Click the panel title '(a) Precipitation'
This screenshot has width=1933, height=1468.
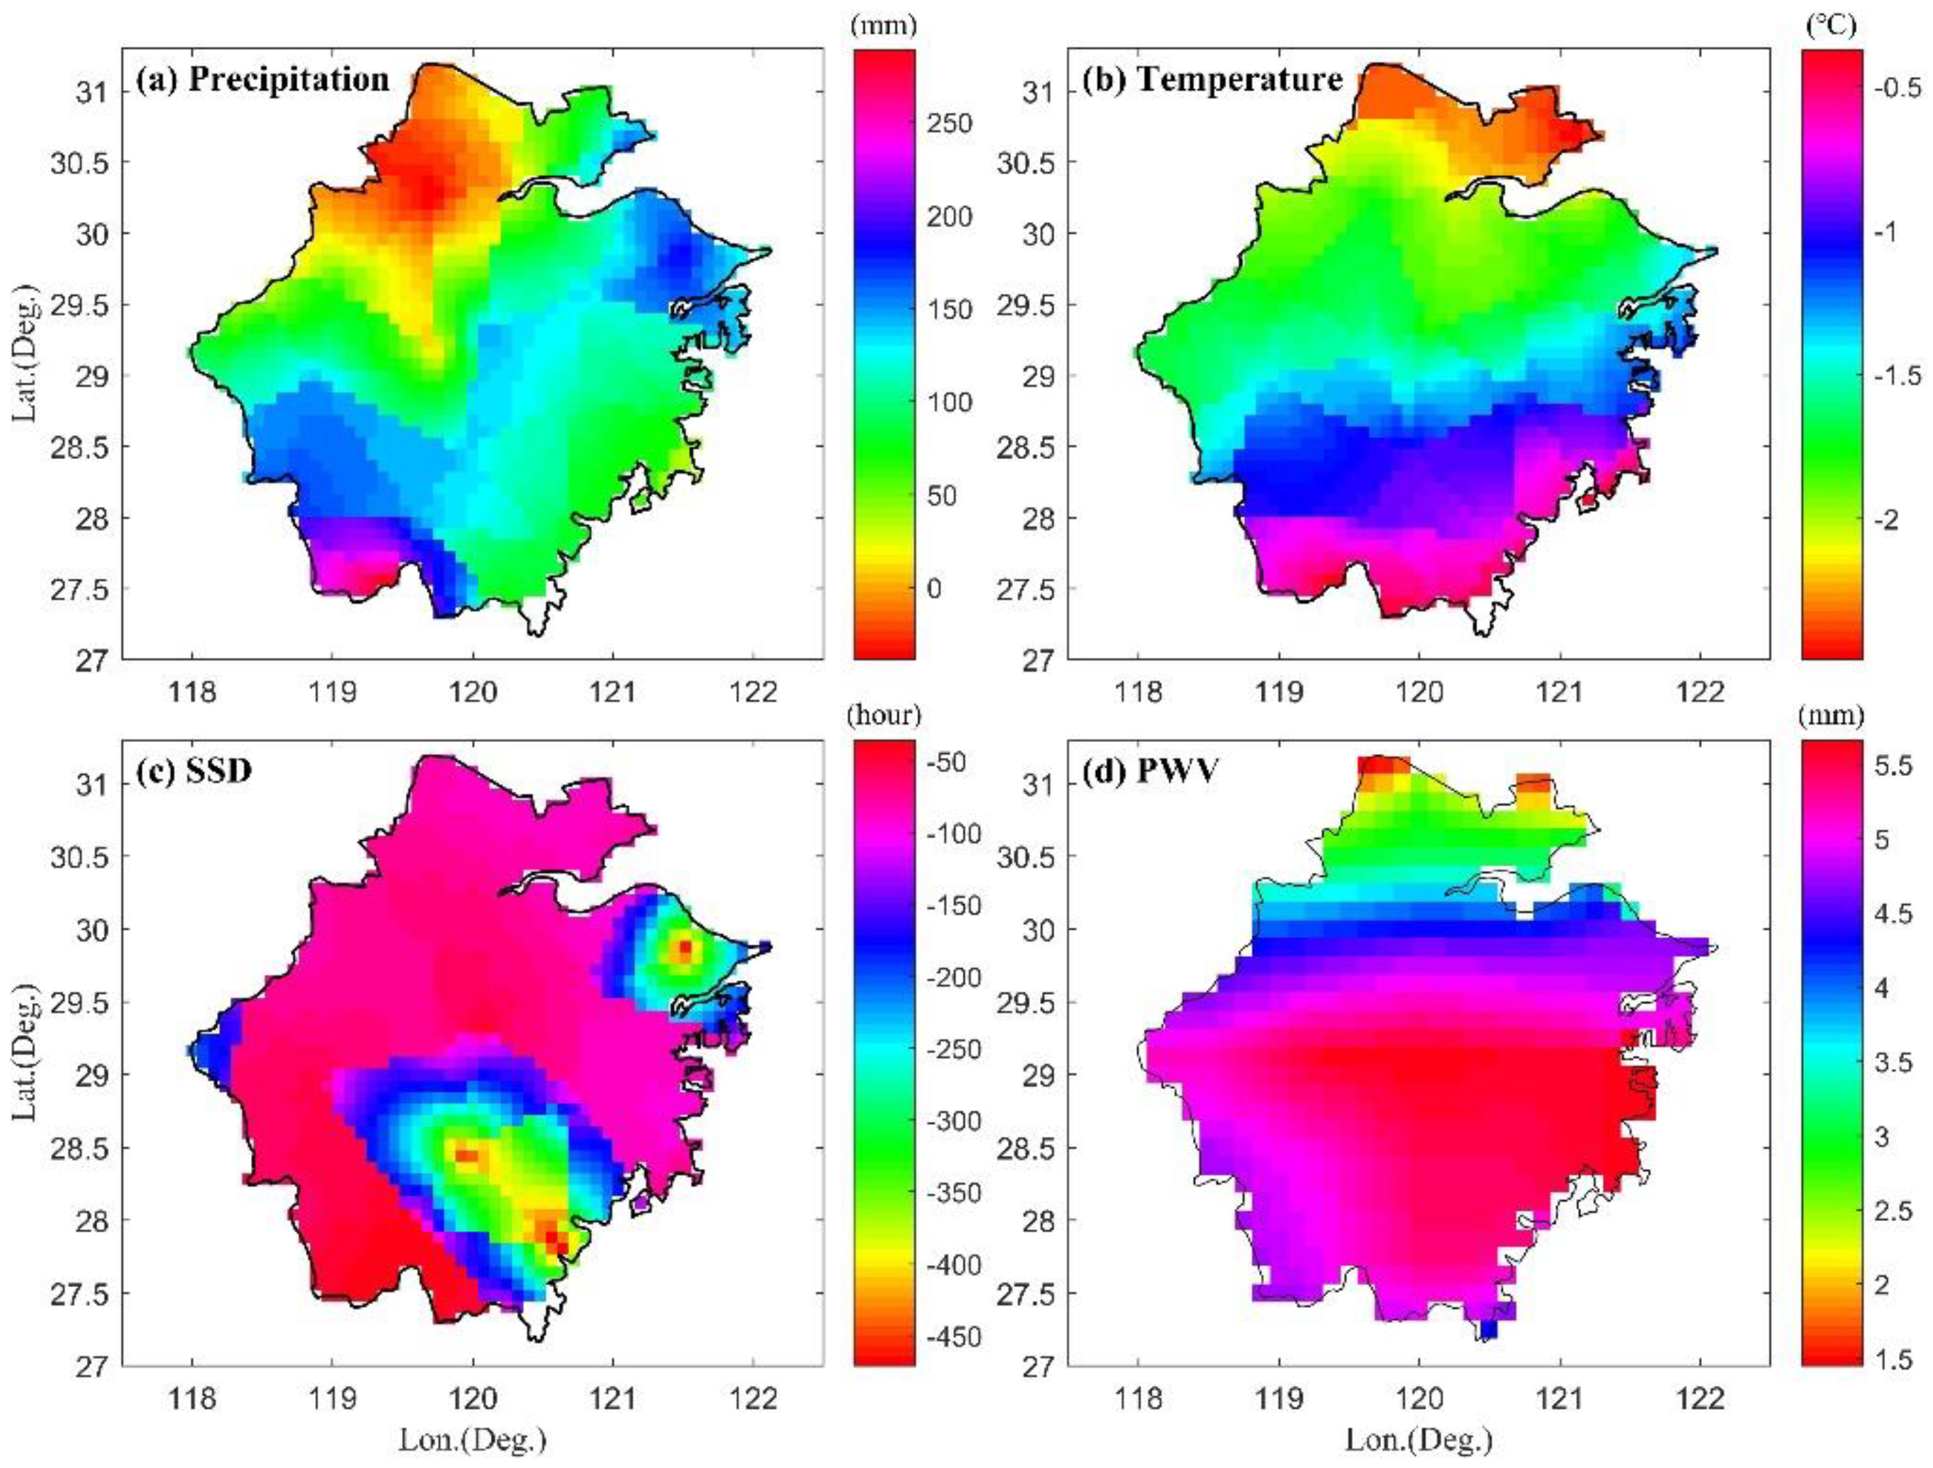262,79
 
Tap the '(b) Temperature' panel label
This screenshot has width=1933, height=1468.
1212,79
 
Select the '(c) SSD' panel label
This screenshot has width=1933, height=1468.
194,771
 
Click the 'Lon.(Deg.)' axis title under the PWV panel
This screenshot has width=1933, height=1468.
1418,1439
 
